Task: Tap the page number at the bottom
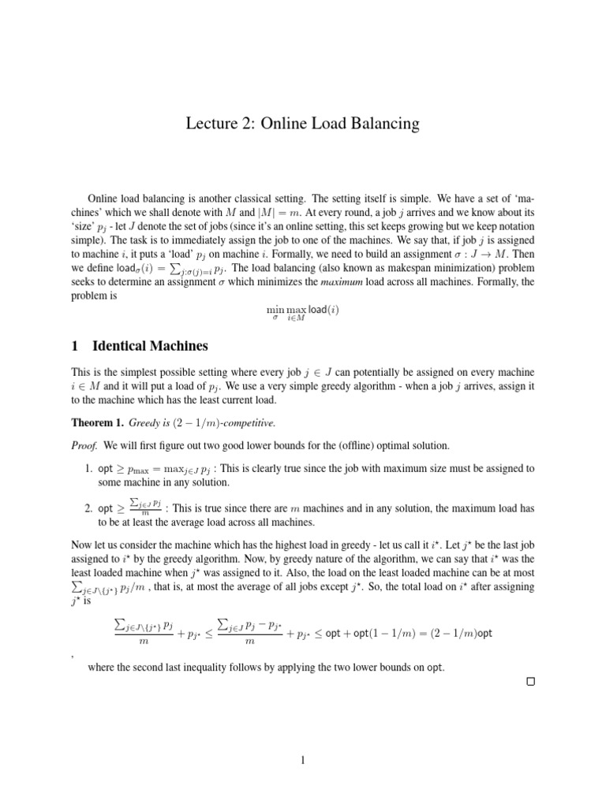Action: (302, 761)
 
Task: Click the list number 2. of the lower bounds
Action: (89, 508)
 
